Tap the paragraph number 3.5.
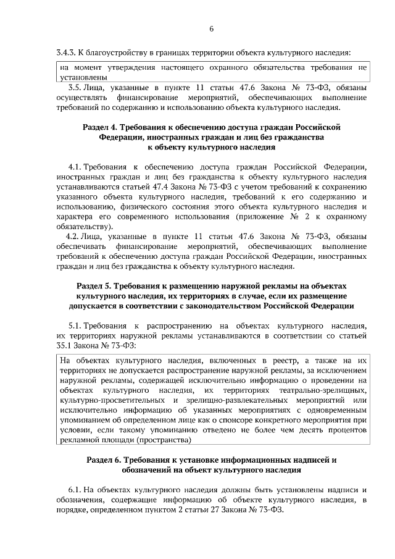pyautogui.click(x=76, y=88)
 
